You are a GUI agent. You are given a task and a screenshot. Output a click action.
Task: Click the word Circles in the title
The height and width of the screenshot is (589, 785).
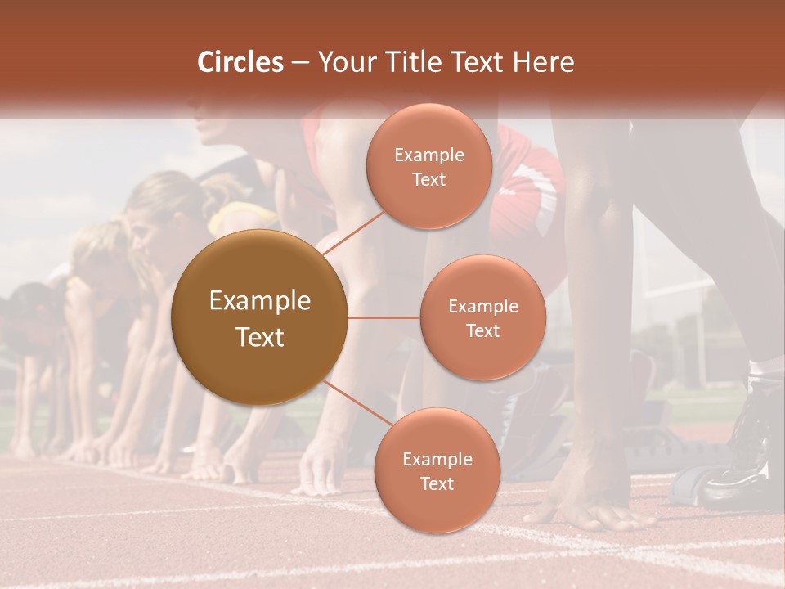(x=240, y=62)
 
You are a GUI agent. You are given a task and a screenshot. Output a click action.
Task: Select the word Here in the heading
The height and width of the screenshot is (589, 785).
(x=545, y=62)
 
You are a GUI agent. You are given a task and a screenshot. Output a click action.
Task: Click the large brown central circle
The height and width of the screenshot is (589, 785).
(x=260, y=317)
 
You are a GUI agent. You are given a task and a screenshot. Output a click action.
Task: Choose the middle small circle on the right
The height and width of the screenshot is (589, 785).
(x=482, y=317)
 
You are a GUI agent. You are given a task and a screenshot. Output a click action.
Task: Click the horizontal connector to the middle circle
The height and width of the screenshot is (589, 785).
(x=384, y=317)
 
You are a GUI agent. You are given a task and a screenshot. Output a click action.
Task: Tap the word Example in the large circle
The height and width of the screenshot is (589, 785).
(x=260, y=301)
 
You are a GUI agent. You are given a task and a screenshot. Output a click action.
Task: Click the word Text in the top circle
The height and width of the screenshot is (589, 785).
(x=428, y=180)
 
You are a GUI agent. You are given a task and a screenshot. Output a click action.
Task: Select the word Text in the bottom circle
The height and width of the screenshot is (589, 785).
(x=437, y=484)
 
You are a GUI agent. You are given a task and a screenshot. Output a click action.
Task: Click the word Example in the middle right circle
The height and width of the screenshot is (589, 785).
(x=482, y=307)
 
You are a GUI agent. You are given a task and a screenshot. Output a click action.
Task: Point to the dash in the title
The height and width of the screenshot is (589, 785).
(x=300, y=63)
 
